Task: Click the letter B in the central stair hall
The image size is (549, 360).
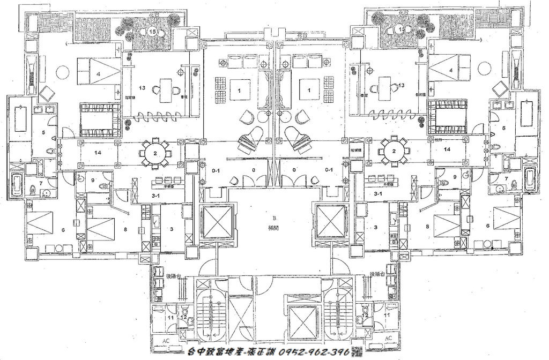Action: pyautogui.click(x=273, y=219)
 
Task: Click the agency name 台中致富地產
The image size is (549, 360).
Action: pyautogui.click(x=219, y=351)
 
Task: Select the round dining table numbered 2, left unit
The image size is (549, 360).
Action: pyautogui.click(x=154, y=153)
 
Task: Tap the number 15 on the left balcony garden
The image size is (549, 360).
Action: pyautogui.click(x=154, y=32)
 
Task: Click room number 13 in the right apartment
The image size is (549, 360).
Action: pyautogui.click(x=401, y=86)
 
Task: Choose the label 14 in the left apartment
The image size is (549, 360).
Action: pyautogui.click(x=98, y=153)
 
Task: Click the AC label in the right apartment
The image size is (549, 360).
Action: pyautogui.click(x=389, y=338)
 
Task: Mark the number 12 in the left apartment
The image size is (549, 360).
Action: pyautogui.click(x=183, y=317)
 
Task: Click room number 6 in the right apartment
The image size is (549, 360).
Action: pyautogui.click(x=488, y=226)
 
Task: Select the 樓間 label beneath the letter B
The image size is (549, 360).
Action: pyautogui.click(x=274, y=227)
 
